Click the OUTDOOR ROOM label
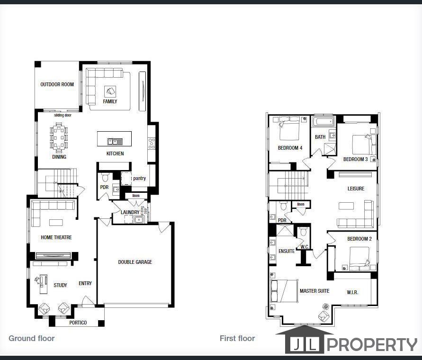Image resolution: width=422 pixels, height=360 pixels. pos(57,84)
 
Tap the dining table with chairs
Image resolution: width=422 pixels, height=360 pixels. pos(59,137)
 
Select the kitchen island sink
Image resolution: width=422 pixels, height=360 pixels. pos(115,141)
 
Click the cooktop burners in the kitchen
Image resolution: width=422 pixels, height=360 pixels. pos(152,143)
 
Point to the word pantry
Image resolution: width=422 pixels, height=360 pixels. pos(139,178)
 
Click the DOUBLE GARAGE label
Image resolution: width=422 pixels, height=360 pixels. pos(135,262)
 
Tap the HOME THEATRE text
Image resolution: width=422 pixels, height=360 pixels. pos(56,237)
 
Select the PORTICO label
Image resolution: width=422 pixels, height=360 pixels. pos(78,323)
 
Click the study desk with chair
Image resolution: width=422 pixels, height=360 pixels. pos(42,284)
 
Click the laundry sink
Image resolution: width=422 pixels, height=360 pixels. pos(139,219)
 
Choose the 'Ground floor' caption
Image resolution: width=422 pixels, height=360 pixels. pos(31,338)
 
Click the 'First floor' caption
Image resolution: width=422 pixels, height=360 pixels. pos(237,338)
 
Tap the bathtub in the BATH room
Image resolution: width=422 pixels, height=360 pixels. pos(323,121)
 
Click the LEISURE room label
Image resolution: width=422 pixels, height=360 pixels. pos(356,189)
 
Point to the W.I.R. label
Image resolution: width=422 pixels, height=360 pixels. pos(352,292)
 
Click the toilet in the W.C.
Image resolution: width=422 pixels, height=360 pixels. pos(303,231)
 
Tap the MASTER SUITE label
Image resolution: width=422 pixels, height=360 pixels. pos(314,291)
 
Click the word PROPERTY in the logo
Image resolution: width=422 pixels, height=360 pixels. pos(372,345)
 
